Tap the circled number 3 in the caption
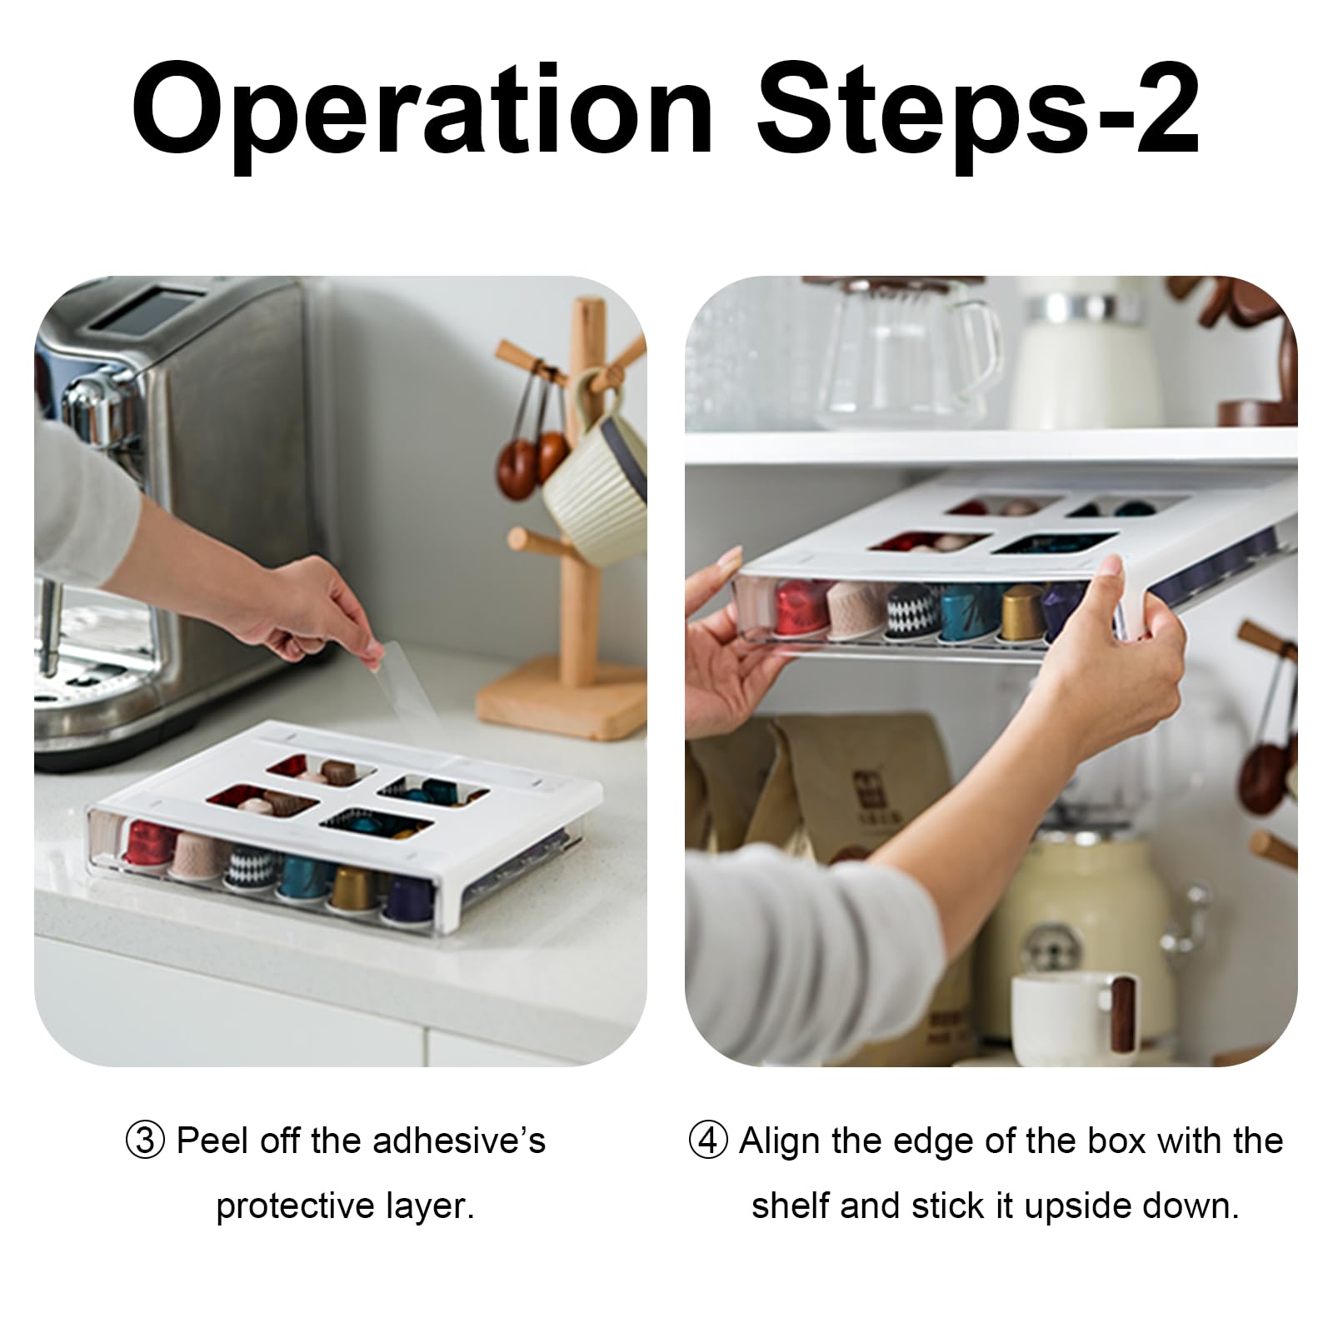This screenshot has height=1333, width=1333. [146, 1141]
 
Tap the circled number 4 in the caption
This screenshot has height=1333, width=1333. [709, 1141]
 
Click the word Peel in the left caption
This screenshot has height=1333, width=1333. [212, 1141]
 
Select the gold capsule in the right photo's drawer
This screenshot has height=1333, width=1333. [1022, 613]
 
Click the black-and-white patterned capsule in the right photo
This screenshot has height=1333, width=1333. [911, 612]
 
